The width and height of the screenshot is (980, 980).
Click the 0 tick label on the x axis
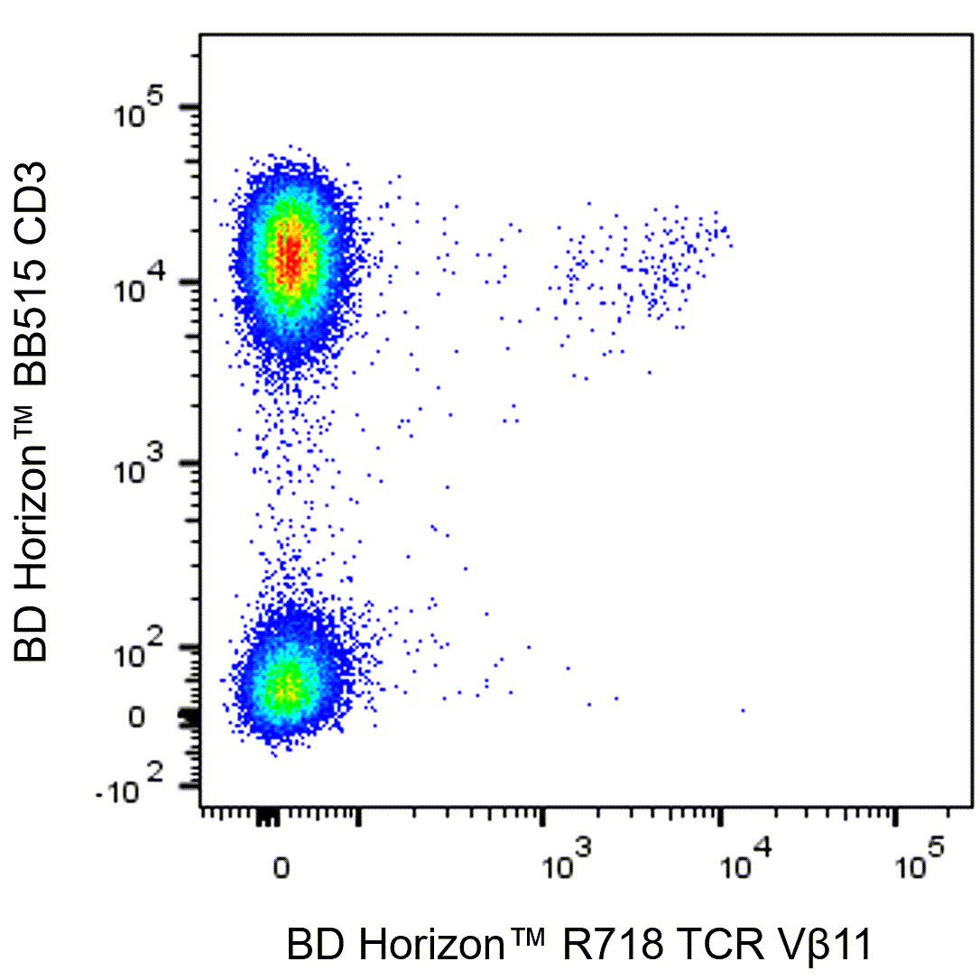(x=281, y=868)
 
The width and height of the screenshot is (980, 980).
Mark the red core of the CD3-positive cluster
(x=290, y=257)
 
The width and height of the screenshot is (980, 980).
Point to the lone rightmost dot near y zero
(x=743, y=710)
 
